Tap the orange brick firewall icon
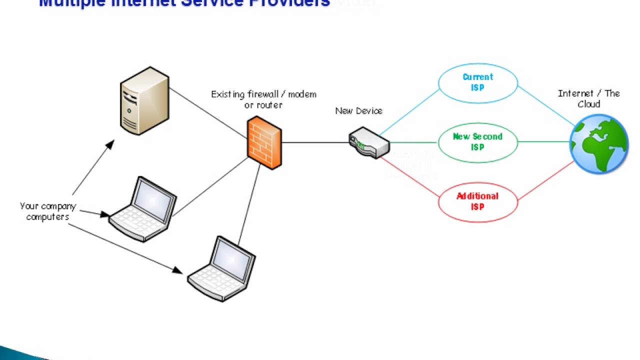[x=264, y=143]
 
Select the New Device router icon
[x=369, y=142]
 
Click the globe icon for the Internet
[x=599, y=143]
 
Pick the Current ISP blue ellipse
[x=478, y=82]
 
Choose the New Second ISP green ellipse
[x=478, y=142]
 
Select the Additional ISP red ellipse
[x=478, y=201]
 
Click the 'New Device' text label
[x=358, y=111]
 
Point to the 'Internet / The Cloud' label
[x=588, y=98]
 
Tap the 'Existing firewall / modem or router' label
[x=263, y=99]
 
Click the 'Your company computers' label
[x=47, y=211]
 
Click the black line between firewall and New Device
[x=315, y=142]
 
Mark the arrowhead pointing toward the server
[x=109, y=145]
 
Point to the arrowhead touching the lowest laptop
[x=177, y=270]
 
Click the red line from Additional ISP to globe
[x=546, y=181]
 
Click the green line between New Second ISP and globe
[x=544, y=142]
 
